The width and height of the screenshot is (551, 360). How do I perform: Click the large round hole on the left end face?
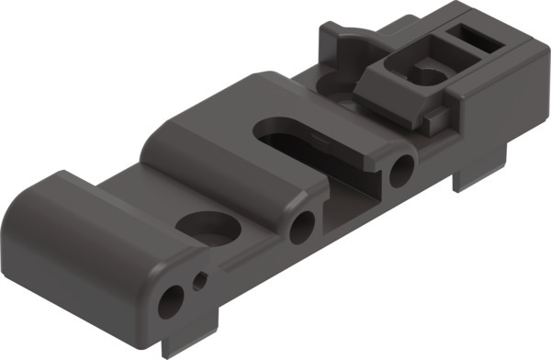[171, 300]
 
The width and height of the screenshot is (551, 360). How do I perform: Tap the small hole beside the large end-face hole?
[199, 279]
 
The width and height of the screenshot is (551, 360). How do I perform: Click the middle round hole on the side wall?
[301, 227]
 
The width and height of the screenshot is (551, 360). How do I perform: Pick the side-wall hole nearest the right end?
[400, 171]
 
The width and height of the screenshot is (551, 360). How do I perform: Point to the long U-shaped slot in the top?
[303, 138]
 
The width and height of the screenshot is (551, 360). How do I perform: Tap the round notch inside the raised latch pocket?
[424, 73]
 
